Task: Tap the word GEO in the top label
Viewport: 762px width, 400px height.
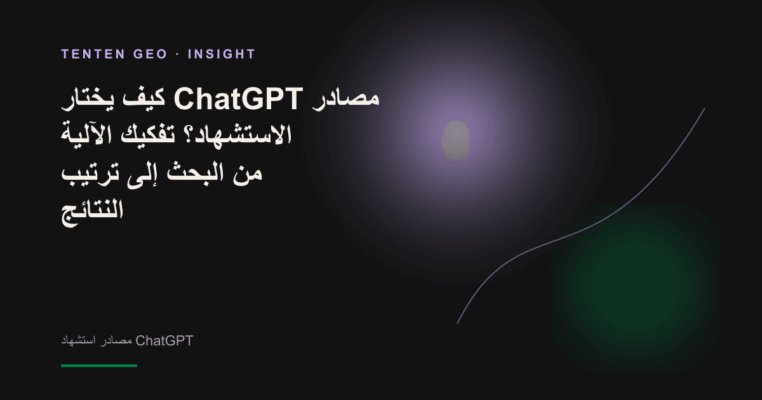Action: [x=150, y=54]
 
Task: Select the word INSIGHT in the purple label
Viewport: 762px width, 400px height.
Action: [x=222, y=54]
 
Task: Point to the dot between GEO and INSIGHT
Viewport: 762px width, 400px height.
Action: [x=177, y=55]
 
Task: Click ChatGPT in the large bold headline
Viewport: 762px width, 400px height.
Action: [x=239, y=98]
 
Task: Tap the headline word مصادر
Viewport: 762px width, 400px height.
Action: [x=345, y=98]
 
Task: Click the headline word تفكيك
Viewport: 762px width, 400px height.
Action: [x=148, y=135]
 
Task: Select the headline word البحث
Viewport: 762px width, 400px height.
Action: [x=195, y=173]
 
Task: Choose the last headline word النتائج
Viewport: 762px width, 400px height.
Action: [x=92, y=213]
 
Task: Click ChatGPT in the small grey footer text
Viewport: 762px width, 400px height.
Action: [x=164, y=340]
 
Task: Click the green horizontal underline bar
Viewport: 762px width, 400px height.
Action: [x=99, y=366]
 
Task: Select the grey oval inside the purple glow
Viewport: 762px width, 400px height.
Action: [x=455, y=140]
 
